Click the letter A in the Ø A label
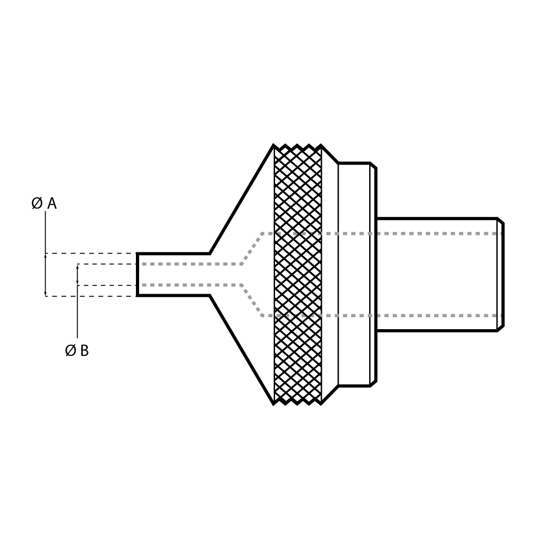(x=52, y=204)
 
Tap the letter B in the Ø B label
(x=84, y=351)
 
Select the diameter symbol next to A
(x=37, y=203)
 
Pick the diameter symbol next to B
(x=70, y=351)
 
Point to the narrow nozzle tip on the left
(x=173, y=275)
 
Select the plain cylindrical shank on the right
(x=436, y=275)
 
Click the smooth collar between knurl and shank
(x=354, y=275)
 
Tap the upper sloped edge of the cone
(x=241, y=200)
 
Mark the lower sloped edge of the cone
(x=241, y=349)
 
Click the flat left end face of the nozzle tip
(x=137, y=275)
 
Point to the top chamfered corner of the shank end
(x=501, y=220)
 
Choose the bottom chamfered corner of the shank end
(x=501, y=329)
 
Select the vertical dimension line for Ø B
(x=77, y=314)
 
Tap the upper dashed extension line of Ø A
(x=91, y=253)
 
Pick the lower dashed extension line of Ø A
(x=91, y=296)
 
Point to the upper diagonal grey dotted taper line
(x=251, y=249)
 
